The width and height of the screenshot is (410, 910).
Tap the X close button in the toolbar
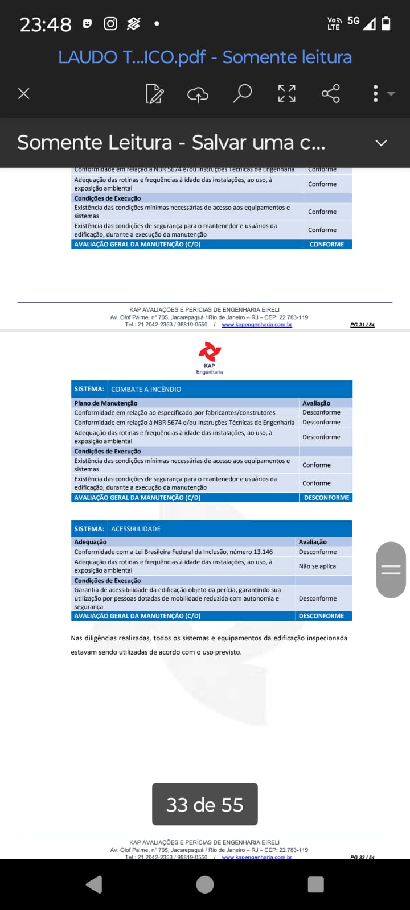[x=24, y=93]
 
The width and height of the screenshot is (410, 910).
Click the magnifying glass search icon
[x=242, y=93]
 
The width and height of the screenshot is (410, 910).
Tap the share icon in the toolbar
[x=330, y=93]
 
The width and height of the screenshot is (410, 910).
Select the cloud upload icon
[x=198, y=94]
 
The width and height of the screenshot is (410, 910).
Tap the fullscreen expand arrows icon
[x=286, y=93]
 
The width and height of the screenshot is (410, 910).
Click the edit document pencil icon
[x=154, y=94]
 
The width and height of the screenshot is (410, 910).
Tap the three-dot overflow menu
[x=376, y=93]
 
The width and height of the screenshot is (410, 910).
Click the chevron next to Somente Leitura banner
[x=381, y=143]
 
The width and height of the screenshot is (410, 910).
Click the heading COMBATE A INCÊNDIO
[x=146, y=389]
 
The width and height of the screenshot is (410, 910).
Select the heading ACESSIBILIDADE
[x=136, y=529]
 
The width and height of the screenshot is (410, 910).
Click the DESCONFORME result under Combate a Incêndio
[x=326, y=498]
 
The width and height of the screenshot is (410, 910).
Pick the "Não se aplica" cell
[x=317, y=566]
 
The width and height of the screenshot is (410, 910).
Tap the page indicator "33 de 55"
[x=204, y=804]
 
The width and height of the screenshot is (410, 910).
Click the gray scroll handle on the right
[x=391, y=569]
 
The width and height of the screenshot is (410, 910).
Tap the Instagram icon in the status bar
[x=110, y=23]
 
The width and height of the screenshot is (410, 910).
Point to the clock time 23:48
[x=46, y=24]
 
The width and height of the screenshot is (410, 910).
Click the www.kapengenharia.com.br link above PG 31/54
[x=257, y=325]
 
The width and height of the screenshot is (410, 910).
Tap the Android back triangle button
[x=94, y=884]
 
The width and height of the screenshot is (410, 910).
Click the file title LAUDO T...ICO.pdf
[x=132, y=57]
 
